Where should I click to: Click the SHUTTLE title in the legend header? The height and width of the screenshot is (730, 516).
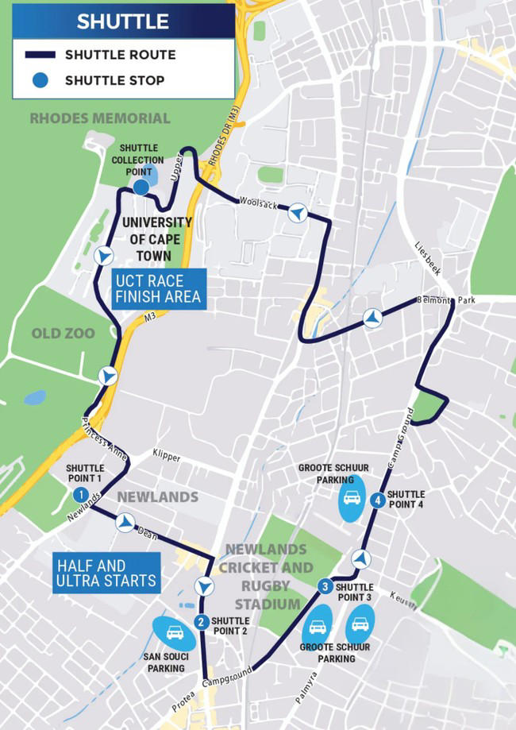[x=123, y=21]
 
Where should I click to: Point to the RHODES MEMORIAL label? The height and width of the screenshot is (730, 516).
[x=100, y=118]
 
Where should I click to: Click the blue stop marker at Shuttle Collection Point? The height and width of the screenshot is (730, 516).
[x=141, y=187]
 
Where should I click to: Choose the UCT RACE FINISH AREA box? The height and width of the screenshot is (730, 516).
[x=158, y=289]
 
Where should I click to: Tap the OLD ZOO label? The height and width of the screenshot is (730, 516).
[x=64, y=334]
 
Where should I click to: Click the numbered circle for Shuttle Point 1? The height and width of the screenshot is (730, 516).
[x=79, y=494]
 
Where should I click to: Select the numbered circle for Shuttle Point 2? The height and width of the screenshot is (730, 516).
[x=202, y=621]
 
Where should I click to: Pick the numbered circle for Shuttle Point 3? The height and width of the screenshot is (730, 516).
[x=325, y=587]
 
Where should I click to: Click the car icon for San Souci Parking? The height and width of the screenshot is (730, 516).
[x=175, y=633]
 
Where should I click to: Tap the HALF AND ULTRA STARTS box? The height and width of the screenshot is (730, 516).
[x=106, y=574]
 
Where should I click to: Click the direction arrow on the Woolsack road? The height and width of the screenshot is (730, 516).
[x=298, y=212]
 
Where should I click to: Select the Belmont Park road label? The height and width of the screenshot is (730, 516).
[x=446, y=301]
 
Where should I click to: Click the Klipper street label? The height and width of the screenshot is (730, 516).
[x=167, y=458]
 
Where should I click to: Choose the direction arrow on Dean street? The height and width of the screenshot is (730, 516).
[x=125, y=522]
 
